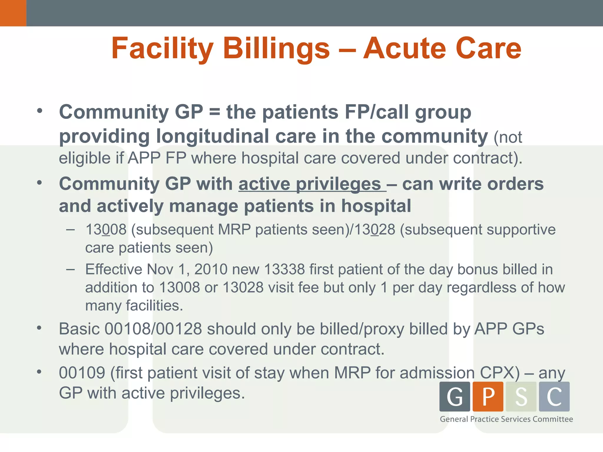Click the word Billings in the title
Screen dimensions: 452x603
pos(276,49)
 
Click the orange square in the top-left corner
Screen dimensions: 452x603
pos(13,13)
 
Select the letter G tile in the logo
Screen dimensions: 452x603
pos(455,396)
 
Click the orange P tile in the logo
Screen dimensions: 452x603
pos(488,396)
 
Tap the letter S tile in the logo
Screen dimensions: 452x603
pos(521,396)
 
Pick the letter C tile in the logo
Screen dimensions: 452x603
pos(554,396)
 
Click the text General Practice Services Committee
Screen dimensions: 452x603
pos(506,419)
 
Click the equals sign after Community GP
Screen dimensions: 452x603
pos(215,112)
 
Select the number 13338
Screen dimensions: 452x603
pos(284,269)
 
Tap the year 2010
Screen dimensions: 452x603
pos(211,269)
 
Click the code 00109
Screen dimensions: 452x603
pos(82,373)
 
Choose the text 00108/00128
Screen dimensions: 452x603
pos(153,329)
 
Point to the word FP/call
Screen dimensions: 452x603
pos(377,112)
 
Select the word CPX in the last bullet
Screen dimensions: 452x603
pos(500,373)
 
